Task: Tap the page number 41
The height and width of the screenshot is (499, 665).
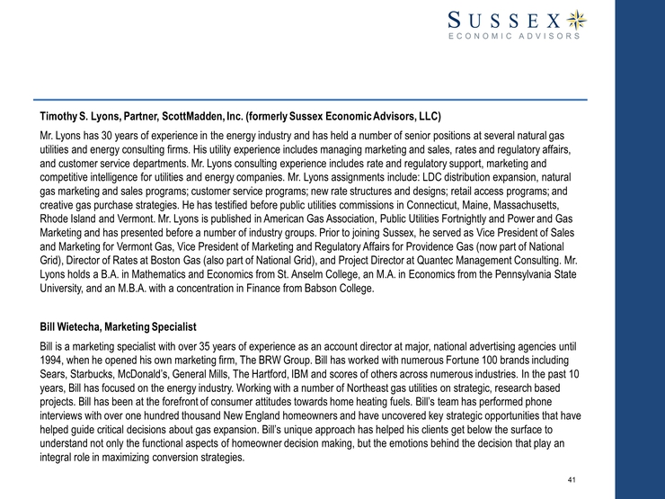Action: coord(572,479)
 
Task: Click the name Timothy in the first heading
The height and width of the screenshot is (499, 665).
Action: coord(63,117)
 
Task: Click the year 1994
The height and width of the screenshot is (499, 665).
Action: coord(55,360)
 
